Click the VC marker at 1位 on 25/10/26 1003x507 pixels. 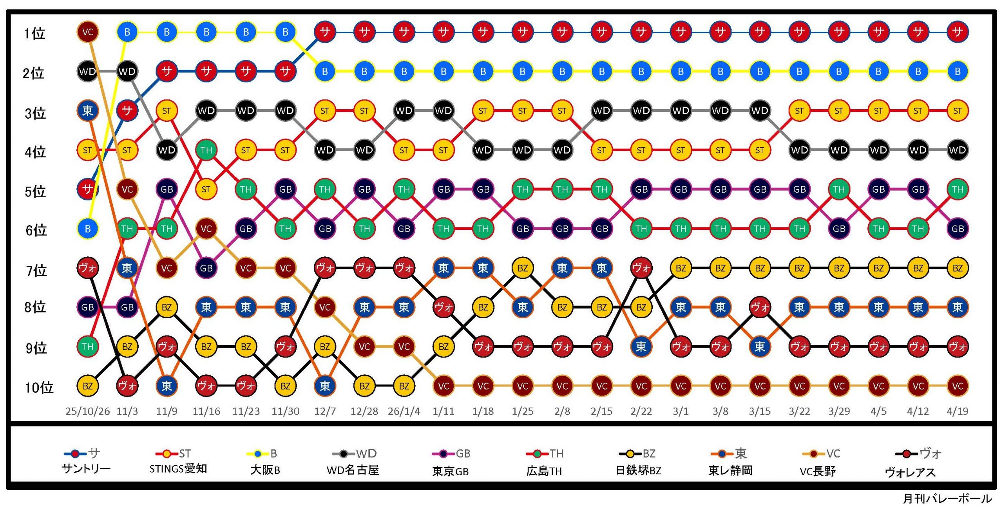coord(88,32)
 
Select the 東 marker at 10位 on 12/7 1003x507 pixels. coord(325,386)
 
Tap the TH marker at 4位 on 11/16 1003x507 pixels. coord(206,150)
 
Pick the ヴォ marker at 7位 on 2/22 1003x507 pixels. coord(641,268)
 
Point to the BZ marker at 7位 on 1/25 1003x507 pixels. coord(523,268)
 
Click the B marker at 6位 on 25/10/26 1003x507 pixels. coord(88,229)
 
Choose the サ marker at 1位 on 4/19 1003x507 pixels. coord(957,32)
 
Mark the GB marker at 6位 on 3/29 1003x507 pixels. coord(839,229)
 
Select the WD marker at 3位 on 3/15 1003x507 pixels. coord(760,111)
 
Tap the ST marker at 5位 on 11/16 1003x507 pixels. coord(206,189)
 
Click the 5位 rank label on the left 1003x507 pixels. coord(35,191)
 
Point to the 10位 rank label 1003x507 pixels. coord(39,387)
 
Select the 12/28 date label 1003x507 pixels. coord(364,411)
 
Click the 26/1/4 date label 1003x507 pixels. coord(404,411)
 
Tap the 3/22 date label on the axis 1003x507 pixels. coord(799,411)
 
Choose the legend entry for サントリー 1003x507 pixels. coord(86,469)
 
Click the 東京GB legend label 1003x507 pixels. coord(450,471)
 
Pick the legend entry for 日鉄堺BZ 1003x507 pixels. coord(638,470)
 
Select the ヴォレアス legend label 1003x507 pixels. coord(910,472)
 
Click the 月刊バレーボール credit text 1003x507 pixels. coord(947,498)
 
